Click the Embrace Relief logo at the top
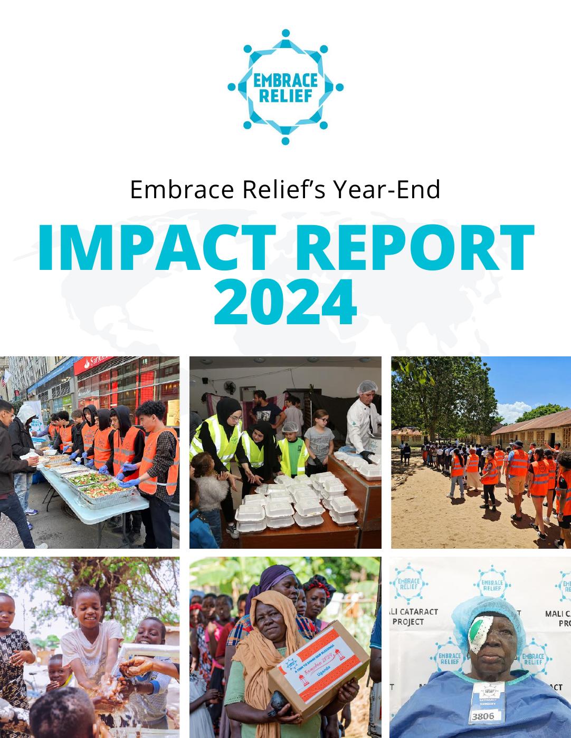[x=285, y=86]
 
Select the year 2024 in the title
[x=285, y=304]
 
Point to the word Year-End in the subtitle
[x=386, y=190]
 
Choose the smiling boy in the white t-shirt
[x=90, y=622]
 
